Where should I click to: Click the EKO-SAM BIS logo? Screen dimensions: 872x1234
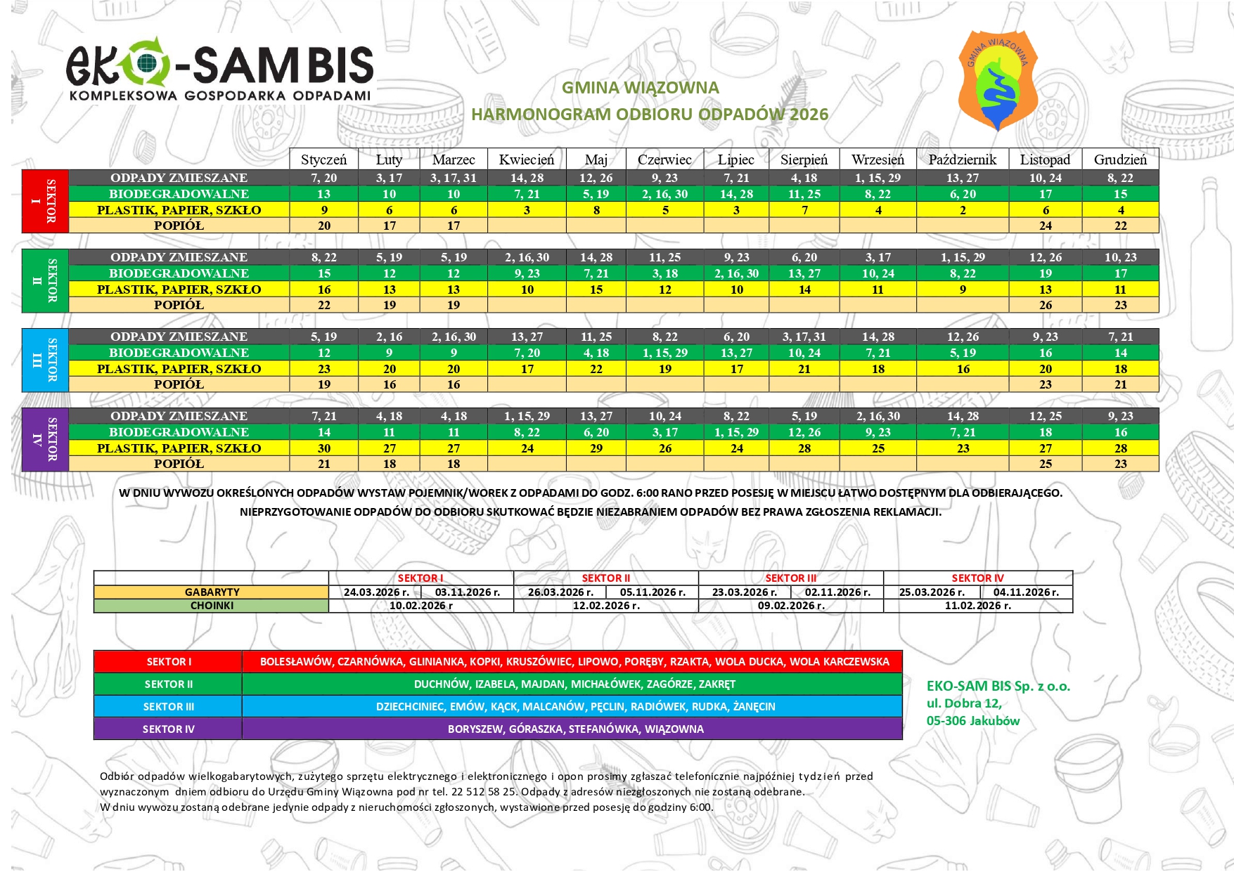[x=219, y=70]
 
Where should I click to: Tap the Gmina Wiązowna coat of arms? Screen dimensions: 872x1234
[x=998, y=80]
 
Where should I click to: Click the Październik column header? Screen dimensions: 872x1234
[x=962, y=160]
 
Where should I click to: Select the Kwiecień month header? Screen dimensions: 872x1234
[x=527, y=160]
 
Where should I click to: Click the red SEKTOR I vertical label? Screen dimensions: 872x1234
[x=45, y=201]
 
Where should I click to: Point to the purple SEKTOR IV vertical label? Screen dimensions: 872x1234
[x=45, y=439]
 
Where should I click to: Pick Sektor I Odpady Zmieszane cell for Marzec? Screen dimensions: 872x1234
[x=454, y=178]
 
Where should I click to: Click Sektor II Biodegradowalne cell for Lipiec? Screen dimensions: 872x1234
[x=736, y=273]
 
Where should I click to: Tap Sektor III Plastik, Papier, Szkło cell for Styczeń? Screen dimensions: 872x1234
[x=324, y=369]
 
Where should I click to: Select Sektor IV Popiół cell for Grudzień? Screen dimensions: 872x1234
[x=1120, y=464]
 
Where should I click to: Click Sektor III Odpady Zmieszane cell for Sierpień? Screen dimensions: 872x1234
[x=804, y=337]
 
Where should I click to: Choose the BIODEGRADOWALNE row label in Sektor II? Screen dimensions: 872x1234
[x=179, y=273]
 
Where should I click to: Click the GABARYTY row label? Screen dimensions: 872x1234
[x=212, y=592]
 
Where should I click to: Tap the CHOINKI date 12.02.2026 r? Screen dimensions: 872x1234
[x=606, y=606]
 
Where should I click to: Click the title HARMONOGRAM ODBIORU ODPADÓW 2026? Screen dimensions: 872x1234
[x=650, y=115]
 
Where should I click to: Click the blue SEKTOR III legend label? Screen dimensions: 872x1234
[x=168, y=707]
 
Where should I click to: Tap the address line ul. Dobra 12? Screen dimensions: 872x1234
[x=964, y=703]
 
